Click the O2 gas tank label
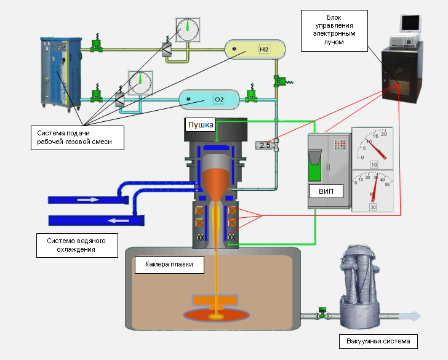(218, 99)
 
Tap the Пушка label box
(200, 125)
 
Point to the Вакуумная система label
(378, 341)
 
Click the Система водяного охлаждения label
(76, 245)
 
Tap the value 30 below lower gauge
(373, 207)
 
